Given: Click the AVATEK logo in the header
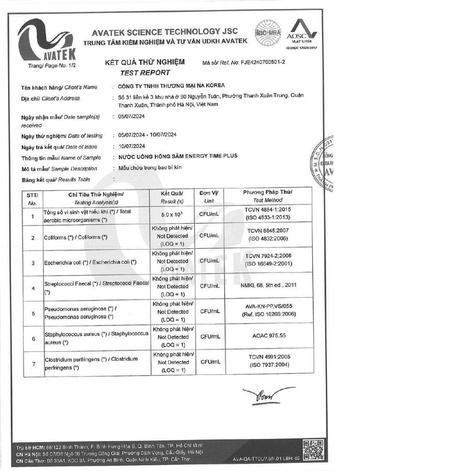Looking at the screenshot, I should [46, 42].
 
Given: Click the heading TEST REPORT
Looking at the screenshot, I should [145, 73].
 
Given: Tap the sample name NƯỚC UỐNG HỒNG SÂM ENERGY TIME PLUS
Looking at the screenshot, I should [178, 156].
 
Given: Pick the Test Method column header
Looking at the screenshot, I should [268, 196].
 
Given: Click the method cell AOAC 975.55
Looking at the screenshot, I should [268, 336].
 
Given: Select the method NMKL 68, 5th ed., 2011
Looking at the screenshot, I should [268, 285].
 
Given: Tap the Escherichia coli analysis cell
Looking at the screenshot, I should [90, 262].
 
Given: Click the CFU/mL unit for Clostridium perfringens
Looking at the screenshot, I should [210, 362].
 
